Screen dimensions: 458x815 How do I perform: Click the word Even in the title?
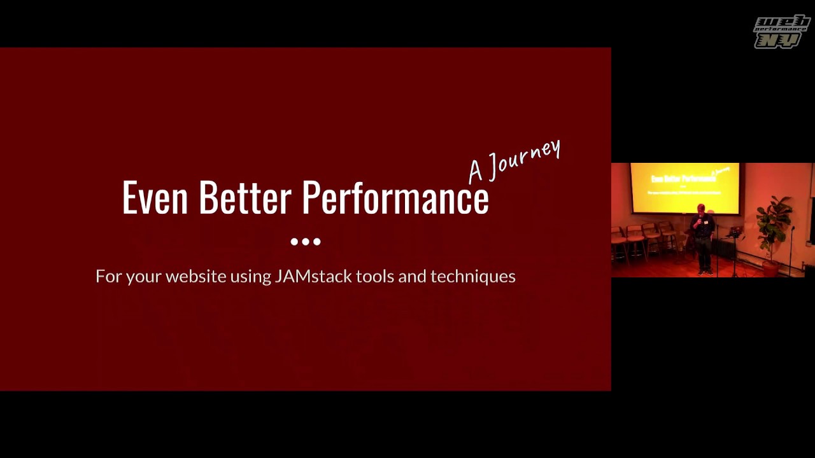(x=155, y=197)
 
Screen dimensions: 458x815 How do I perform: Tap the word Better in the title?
(x=245, y=197)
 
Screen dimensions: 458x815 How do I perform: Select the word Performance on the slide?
(x=395, y=197)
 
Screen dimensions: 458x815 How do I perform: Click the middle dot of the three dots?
(x=306, y=242)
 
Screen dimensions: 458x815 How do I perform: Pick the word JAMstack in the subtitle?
(x=313, y=276)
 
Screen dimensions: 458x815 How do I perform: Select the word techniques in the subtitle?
(x=472, y=276)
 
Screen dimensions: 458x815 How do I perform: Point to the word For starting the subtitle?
(x=108, y=276)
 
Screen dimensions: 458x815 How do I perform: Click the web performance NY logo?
(x=781, y=31)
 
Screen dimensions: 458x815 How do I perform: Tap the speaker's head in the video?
(x=701, y=208)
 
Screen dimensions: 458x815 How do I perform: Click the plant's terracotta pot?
(x=770, y=268)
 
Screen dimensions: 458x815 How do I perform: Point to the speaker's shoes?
(x=705, y=272)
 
